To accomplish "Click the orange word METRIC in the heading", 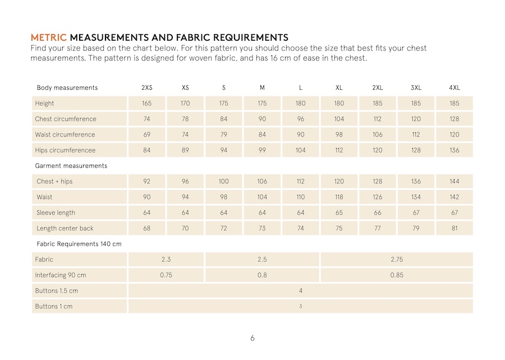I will point(48,38).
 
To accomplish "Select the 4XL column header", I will point(454,87).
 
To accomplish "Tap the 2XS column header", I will point(146,87).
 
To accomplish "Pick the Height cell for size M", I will point(262,103).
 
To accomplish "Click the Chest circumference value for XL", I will point(339,119).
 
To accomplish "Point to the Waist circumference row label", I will point(66,135).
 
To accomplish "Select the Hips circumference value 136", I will point(454,150).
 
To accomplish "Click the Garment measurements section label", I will point(71,166).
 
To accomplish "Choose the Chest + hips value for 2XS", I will point(146,182).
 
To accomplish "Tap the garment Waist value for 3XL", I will point(416,197).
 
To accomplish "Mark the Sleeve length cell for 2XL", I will point(378,213).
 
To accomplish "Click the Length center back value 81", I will point(454,229).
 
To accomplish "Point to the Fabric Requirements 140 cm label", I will point(79,244).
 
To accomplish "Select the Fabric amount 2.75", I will point(397,260).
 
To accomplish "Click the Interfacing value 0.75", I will point(166,275).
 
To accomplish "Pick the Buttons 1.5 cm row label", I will point(57,291).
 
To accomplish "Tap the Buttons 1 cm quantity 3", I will point(301,307).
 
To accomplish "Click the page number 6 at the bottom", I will point(252,338).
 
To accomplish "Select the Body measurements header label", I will point(67,87).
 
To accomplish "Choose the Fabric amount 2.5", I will point(262,260).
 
